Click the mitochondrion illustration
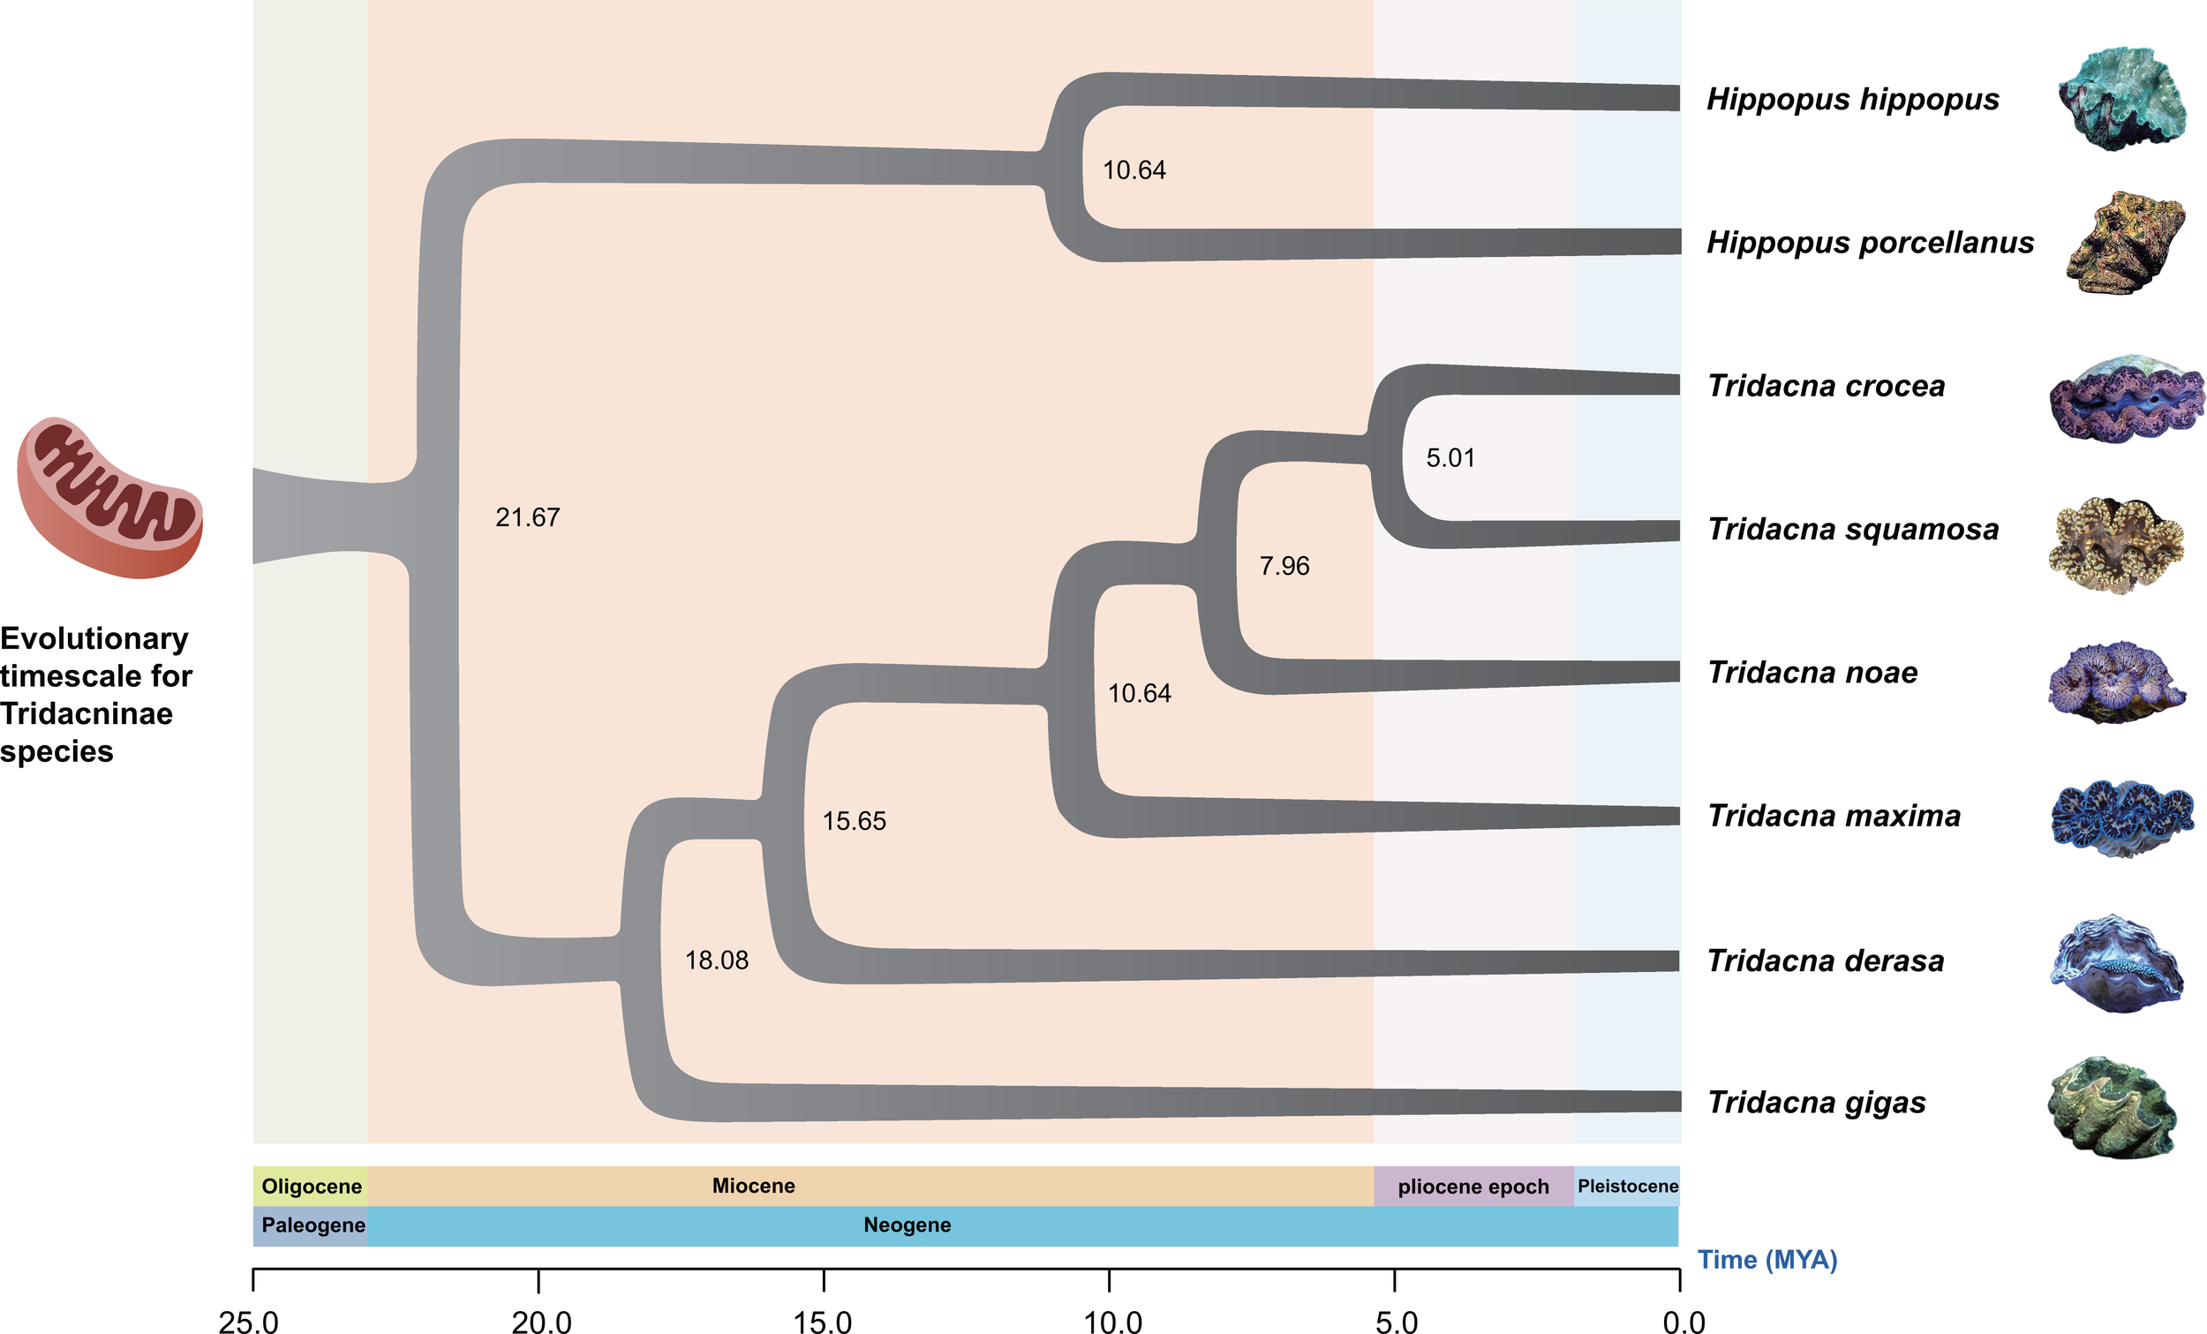[110, 497]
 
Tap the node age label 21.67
[528, 518]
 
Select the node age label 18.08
[717, 961]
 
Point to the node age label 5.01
[1450, 458]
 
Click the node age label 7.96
[1284, 566]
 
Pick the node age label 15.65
[855, 822]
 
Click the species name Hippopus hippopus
[1852, 100]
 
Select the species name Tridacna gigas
[1817, 1103]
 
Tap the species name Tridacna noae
[1812, 673]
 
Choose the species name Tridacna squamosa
[1852, 530]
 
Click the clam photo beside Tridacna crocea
[2127, 400]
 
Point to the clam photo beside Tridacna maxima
[2122, 819]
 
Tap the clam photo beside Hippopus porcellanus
[2125, 242]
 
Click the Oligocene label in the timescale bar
[312, 1187]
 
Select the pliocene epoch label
[1473, 1187]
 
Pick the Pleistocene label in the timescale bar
[1628, 1187]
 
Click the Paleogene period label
[313, 1225]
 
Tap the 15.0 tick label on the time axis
[823, 1323]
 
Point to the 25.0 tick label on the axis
[249, 1323]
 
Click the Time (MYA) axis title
[1767, 1260]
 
